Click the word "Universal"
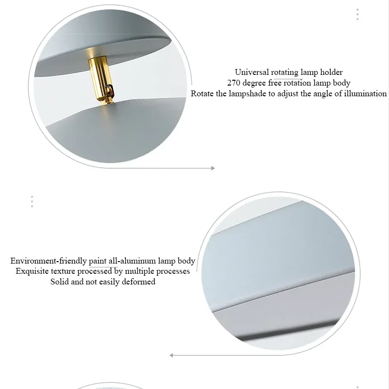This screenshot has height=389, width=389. pos(251,72)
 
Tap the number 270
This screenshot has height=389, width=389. pos(234,83)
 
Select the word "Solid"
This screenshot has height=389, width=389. pos(60,282)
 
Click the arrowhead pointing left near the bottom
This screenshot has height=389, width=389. pos(172,355)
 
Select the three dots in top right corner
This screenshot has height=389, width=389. pos(357,15)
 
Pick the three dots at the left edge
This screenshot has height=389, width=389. pos(32,201)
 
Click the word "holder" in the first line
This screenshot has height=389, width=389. pos(331,72)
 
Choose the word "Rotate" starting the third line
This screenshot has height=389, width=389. pos(202,93)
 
